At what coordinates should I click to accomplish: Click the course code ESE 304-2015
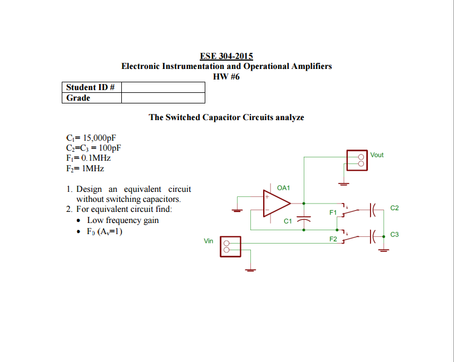(226, 56)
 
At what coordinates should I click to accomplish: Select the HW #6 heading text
(226, 77)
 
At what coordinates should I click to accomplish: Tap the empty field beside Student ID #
(163, 87)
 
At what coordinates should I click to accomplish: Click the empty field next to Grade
(163, 98)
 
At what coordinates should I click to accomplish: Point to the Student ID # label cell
(91, 87)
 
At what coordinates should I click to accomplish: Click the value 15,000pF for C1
(99, 138)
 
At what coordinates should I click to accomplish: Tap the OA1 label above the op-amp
(283, 188)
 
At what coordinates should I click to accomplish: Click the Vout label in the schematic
(377, 155)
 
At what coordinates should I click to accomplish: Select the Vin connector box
(230, 246)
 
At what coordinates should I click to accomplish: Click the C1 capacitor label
(288, 221)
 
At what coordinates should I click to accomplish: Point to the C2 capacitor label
(395, 208)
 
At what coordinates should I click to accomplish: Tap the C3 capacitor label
(395, 235)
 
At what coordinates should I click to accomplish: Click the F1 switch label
(333, 212)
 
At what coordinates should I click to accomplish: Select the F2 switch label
(333, 240)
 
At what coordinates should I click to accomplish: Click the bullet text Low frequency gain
(122, 220)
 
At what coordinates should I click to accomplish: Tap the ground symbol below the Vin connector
(251, 271)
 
